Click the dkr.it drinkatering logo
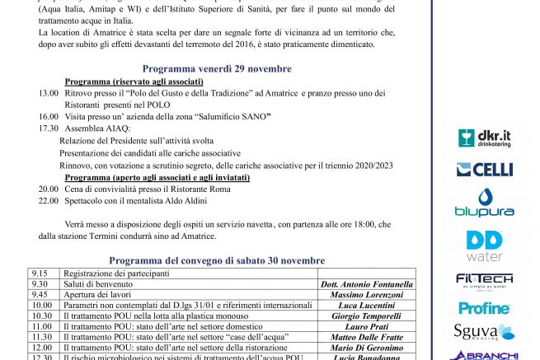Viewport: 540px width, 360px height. (484, 138)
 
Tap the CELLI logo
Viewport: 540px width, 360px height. (484, 170)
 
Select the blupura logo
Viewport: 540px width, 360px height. (484, 203)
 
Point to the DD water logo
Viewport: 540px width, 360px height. (484, 245)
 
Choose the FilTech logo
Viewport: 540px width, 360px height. (484, 280)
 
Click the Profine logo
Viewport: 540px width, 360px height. (484, 307)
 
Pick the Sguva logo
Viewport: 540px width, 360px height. (484, 332)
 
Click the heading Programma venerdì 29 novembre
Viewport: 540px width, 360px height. (216, 68)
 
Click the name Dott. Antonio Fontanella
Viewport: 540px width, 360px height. (366, 284)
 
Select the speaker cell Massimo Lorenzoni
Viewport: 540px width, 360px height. (366, 295)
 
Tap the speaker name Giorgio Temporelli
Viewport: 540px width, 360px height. (366, 316)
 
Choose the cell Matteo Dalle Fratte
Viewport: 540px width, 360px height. (366, 338)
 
